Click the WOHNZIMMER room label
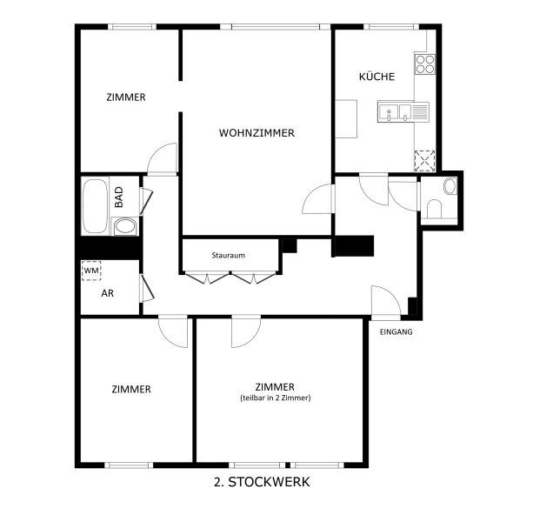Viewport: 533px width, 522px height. (x=257, y=133)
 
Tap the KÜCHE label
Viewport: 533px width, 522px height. (x=376, y=77)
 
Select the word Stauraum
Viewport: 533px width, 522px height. (x=228, y=256)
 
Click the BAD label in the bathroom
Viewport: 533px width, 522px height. (x=119, y=197)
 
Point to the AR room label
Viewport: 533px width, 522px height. (x=108, y=293)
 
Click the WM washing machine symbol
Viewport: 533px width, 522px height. (x=91, y=271)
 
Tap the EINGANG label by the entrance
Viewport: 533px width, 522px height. (x=396, y=331)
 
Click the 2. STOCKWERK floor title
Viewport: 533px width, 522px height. (x=262, y=482)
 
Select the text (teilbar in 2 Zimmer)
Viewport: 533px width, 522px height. (x=276, y=398)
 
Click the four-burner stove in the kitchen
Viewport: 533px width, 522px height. (x=425, y=64)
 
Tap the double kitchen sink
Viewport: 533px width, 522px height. (x=403, y=112)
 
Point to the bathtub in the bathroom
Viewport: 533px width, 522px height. (x=95, y=206)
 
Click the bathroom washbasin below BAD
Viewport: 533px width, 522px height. (x=124, y=226)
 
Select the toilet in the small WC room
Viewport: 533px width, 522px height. (x=434, y=209)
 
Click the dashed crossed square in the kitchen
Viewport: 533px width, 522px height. (x=424, y=160)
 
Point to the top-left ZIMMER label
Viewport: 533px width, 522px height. (x=126, y=97)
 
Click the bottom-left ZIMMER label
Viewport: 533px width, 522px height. (x=131, y=390)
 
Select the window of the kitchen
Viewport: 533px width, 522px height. (x=391, y=27)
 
